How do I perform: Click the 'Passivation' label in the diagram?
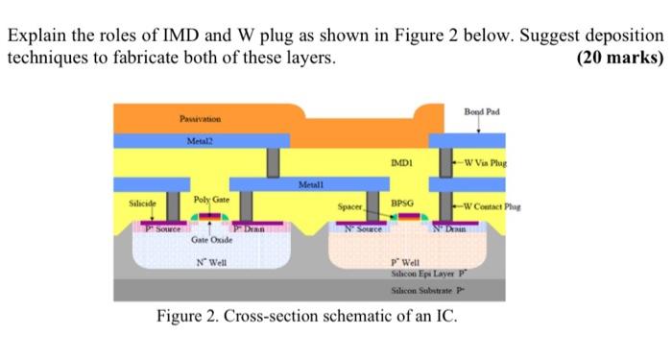pos(200,118)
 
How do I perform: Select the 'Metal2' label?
pos(200,141)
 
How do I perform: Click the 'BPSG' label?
pos(402,204)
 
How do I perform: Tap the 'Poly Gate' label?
pos(209,198)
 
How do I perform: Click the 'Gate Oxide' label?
pos(209,243)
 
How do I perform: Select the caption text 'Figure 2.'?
pos(192,318)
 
